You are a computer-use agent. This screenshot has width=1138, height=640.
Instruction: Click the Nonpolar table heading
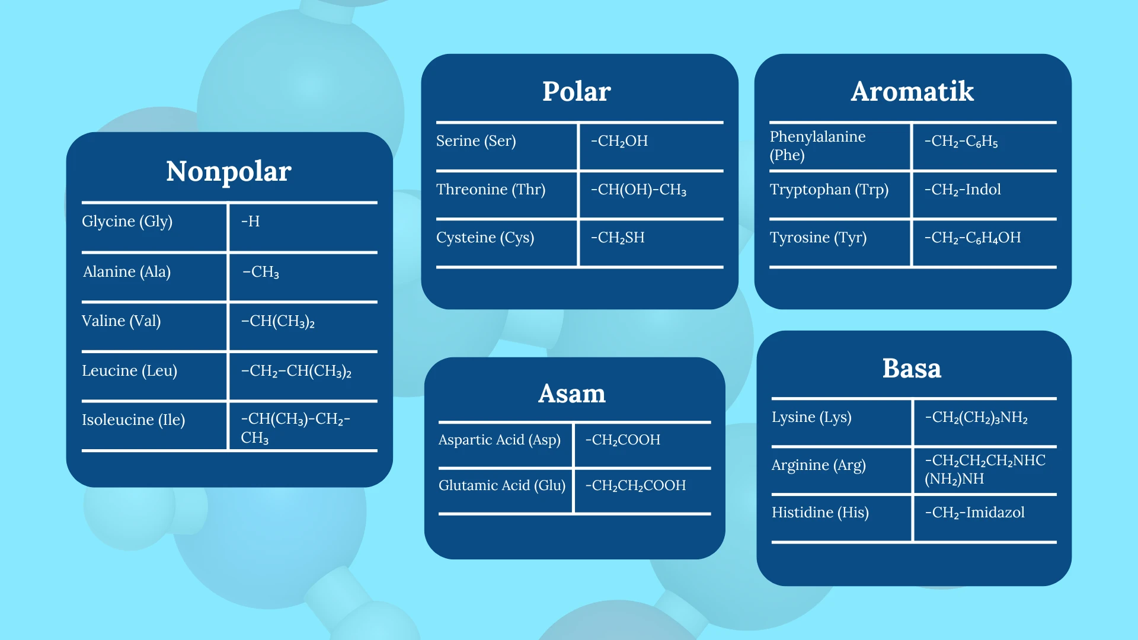point(229,171)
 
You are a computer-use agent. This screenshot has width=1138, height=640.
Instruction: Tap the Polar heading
point(577,91)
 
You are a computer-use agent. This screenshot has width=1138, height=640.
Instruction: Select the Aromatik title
point(912,91)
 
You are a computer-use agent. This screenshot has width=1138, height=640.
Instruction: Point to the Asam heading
point(572,393)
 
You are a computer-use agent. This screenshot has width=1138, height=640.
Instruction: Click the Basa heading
point(912,368)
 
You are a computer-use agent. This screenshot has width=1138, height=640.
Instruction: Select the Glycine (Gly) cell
point(127,222)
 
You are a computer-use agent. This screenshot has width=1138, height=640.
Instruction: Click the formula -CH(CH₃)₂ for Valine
point(278,321)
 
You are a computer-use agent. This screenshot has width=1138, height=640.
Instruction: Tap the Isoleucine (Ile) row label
point(133,420)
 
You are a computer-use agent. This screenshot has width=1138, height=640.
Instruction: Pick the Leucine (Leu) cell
point(129,371)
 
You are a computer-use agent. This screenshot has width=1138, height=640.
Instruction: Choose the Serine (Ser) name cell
point(476,141)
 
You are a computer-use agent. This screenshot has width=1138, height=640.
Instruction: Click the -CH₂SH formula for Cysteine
point(618,238)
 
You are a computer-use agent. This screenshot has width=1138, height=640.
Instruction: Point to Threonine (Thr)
point(491,190)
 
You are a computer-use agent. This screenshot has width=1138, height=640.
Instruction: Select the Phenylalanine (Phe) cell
point(817,146)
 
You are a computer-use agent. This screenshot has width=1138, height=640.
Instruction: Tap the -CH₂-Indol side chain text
point(963,190)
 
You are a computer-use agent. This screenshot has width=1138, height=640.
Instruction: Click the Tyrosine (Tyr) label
point(818,238)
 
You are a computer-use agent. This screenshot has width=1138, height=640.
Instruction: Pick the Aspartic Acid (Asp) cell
point(499,440)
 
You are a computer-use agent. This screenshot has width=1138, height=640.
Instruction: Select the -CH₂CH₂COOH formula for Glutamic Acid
point(635,485)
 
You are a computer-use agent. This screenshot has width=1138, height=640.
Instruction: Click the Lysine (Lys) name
point(811,417)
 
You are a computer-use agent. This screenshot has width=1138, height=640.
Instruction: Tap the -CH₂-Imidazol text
point(975,513)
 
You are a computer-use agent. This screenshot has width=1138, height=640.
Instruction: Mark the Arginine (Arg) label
point(819,465)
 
